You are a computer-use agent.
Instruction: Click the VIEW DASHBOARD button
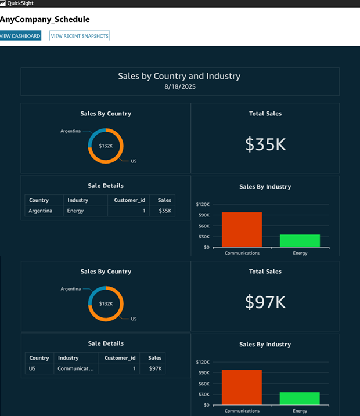(x=20, y=36)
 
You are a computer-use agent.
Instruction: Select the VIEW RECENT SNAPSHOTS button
(x=80, y=36)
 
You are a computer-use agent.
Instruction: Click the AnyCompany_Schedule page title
(x=45, y=20)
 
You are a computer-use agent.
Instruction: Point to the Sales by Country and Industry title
(x=179, y=76)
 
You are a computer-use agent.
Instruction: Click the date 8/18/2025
(x=180, y=86)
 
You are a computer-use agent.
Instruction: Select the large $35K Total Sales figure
(x=265, y=144)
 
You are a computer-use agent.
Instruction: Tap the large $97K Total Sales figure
(x=265, y=302)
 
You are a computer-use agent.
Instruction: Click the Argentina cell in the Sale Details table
(x=41, y=211)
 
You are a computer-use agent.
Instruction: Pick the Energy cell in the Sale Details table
(x=75, y=211)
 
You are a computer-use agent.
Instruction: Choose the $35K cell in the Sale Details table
(x=165, y=211)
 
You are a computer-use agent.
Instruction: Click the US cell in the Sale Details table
(x=32, y=368)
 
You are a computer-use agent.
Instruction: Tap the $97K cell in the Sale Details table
(x=155, y=368)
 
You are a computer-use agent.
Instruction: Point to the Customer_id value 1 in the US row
(x=134, y=368)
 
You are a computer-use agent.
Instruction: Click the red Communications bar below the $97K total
(x=242, y=387)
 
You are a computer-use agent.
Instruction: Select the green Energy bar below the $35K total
(x=300, y=241)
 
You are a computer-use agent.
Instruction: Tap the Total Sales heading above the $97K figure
(x=265, y=272)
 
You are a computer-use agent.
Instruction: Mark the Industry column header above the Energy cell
(x=78, y=200)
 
